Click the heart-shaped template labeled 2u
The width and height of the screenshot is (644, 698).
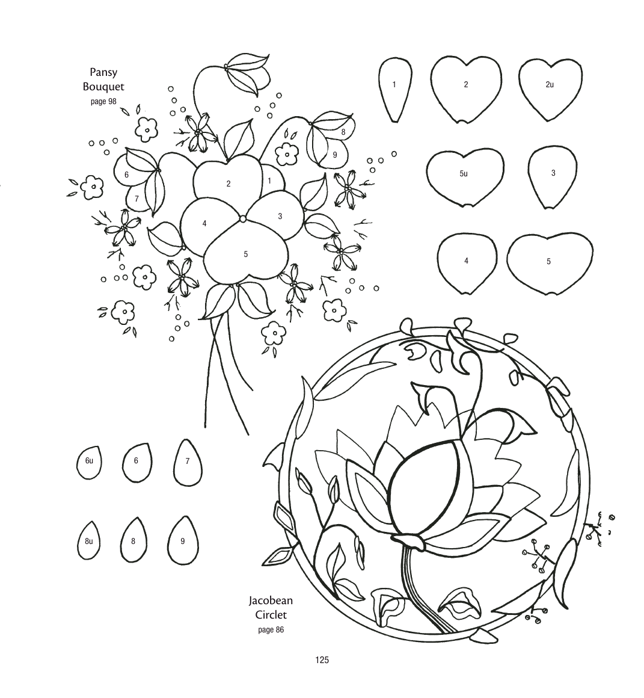click(550, 89)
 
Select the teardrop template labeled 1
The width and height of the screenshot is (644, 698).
click(394, 89)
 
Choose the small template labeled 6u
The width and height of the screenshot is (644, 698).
click(89, 462)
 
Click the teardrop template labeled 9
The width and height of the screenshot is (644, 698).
click(183, 541)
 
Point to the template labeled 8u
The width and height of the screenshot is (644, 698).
click(89, 540)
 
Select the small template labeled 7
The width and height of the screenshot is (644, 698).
click(187, 463)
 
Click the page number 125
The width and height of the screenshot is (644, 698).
click(322, 660)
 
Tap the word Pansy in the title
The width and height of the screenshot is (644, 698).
click(103, 72)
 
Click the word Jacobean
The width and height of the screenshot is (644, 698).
click(271, 601)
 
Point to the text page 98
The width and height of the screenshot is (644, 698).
click(103, 102)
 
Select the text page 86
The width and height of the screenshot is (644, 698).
click(271, 630)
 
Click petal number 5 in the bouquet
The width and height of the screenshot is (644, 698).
click(245, 256)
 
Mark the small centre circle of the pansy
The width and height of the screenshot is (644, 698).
click(243, 218)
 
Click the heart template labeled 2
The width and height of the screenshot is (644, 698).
click(466, 89)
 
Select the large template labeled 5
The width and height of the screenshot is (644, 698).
click(550, 262)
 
